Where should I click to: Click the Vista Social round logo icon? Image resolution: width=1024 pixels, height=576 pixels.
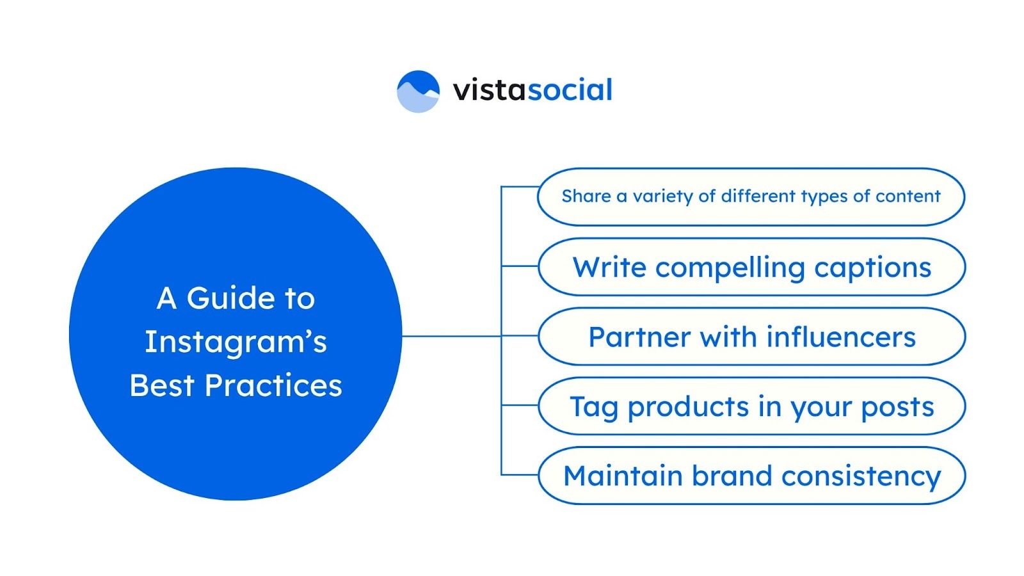tap(418, 92)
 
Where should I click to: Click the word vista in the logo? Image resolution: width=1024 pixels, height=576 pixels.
tap(489, 90)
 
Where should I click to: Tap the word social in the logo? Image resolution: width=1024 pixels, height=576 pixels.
tap(570, 90)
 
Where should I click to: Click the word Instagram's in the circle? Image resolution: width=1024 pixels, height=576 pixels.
tap(236, 342)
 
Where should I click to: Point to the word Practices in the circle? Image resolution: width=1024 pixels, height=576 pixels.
tap(273, 386)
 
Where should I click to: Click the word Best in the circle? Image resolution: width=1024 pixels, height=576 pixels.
tap(161, 386)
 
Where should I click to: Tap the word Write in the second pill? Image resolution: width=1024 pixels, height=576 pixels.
tap(609, 268)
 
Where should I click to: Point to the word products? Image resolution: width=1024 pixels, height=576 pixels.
tap(688, 408)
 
